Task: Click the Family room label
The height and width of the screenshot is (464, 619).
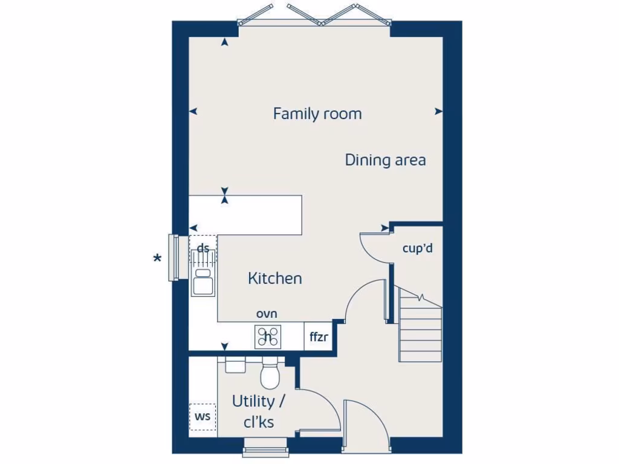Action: [x=317, y=114]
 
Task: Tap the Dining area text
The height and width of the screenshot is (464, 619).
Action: [x=385, y=160]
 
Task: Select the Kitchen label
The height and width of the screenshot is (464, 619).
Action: [x=275, y=279]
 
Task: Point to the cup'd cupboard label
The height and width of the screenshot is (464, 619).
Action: [x=418, y=248]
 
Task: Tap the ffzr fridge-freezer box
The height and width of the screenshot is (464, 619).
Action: [x=319, y=337]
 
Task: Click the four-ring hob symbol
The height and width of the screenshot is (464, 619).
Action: [x=268, y=337]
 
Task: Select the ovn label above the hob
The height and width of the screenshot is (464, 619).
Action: [x=267, y=314]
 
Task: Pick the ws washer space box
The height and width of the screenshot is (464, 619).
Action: [x=203, y=417]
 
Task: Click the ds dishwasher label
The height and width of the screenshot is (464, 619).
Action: [x=203, y=248]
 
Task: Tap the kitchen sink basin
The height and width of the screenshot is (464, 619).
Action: [x=203, y=283]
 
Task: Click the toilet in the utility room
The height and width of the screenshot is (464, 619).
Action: [x=269, y=374]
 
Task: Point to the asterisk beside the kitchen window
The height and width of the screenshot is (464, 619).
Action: [x=157, y=259]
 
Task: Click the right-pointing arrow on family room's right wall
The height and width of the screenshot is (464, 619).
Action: [x=439, y=111]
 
